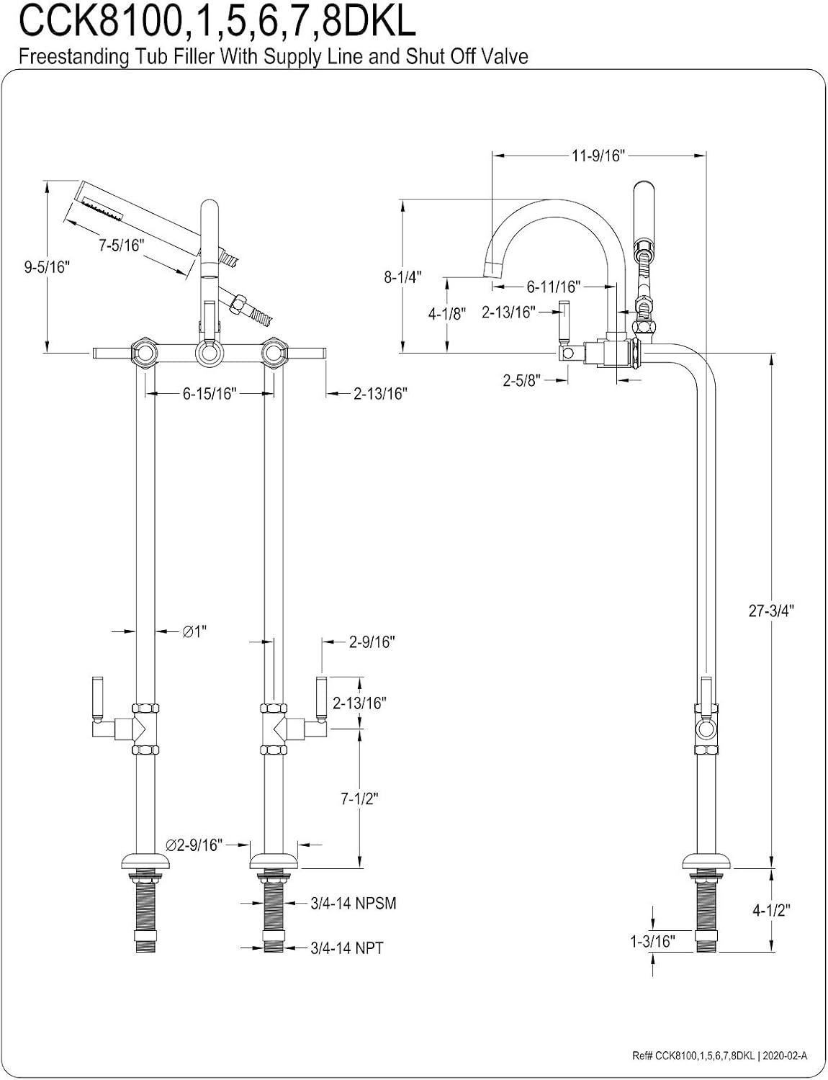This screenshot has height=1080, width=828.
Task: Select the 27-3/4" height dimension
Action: click(772, 611)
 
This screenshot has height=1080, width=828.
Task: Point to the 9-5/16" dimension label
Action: click(48, 267)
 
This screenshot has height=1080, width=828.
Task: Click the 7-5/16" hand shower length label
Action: click(121, 245)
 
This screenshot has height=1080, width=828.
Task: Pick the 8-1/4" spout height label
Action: click(402, 276)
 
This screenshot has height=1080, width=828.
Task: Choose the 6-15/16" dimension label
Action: click(210, 394)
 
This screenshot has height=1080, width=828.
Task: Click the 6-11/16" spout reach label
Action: click(554, 287)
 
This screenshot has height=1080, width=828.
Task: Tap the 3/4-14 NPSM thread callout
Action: click(354, 903)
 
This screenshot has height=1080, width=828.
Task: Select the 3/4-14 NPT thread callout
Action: click(347, 948)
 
